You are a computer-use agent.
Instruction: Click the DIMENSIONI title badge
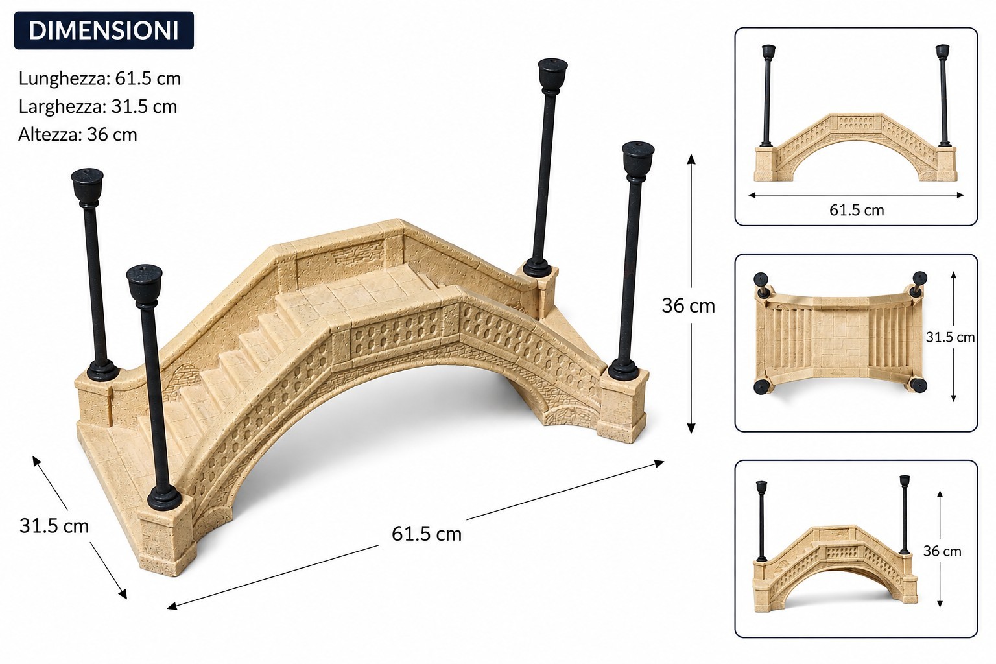click(x=104, y=30)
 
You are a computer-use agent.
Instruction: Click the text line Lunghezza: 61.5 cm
click(x=100, y=78)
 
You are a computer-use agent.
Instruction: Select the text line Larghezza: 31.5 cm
click(x=98, y=106)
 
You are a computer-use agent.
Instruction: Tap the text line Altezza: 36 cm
click(x=78, y=134)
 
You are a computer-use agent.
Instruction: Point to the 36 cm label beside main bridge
click(x=688, y=305)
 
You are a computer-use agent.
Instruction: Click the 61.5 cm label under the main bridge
click(x=427, y=534)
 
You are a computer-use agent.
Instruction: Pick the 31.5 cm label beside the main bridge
click(x=54, y=526)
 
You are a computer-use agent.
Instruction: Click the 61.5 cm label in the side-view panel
click(x=857, y=210)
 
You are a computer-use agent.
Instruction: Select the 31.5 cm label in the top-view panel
click(x=950, y=337)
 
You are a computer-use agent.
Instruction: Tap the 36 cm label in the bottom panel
click(x=942, y=551)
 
